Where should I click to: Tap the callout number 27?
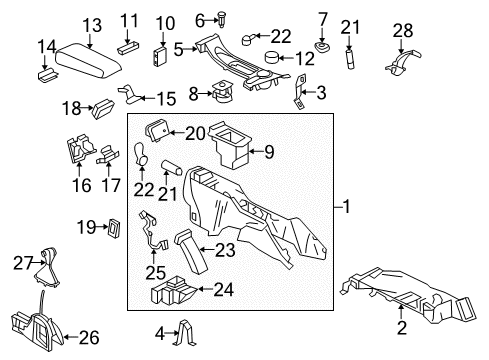pos(22,262)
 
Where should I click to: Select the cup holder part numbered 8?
pos(222,103)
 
